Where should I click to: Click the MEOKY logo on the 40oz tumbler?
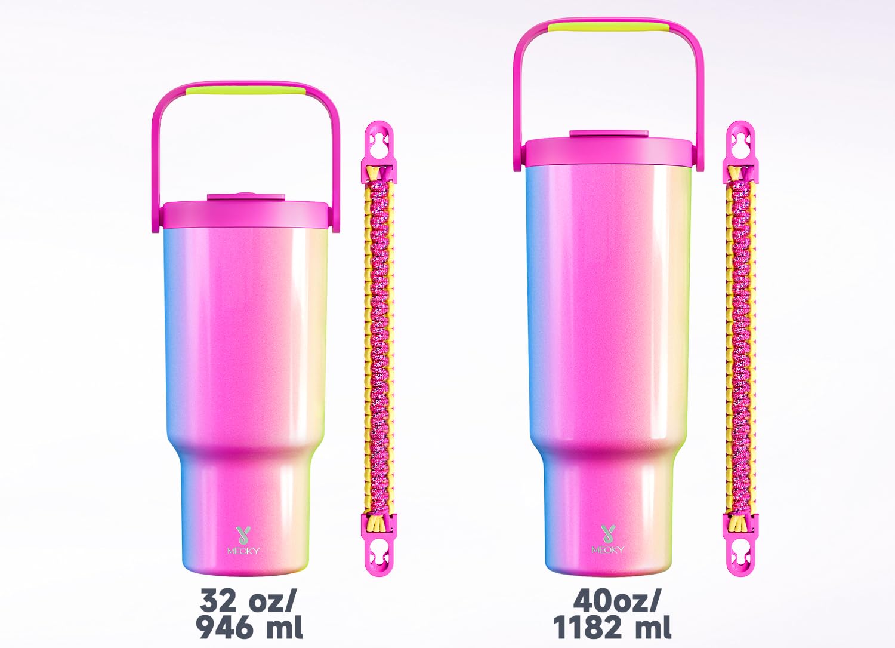click(x=607, y=539)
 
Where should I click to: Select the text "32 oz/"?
click(x=248, y=600)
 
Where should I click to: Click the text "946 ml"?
click(x=249, y=627)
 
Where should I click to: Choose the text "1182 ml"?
click(x=612, y=627)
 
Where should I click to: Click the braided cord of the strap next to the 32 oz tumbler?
click(x=379, y=346)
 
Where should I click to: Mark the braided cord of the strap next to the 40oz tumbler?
click(x=740, y=346)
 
